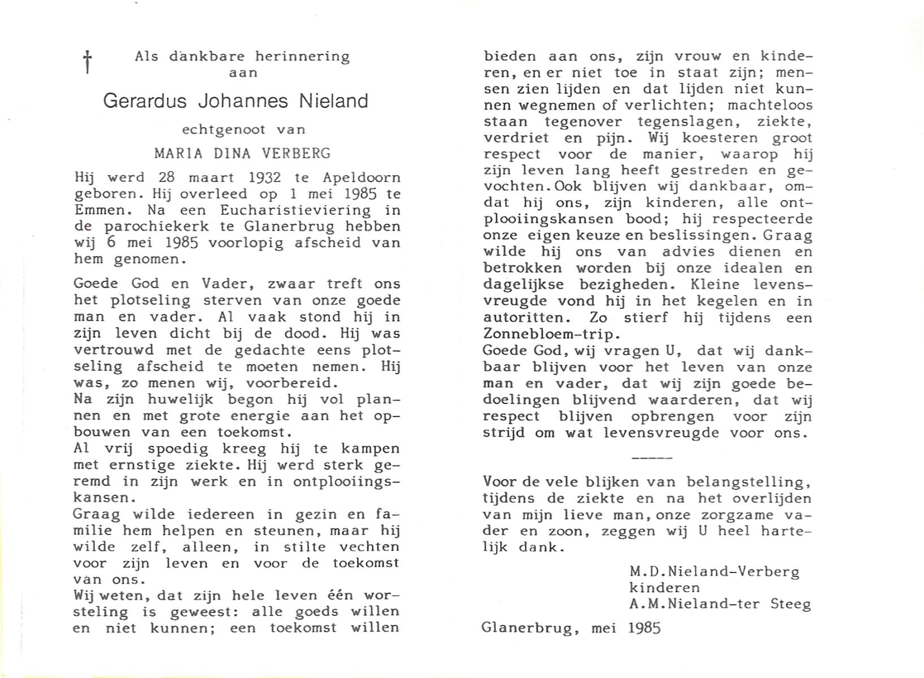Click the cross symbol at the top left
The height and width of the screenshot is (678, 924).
pyautogui.click(x=88, y=62)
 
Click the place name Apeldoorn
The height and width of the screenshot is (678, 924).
pyautogui.click(x=361, y=177)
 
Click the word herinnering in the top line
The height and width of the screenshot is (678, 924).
pyautogui.click(x=303, y=56)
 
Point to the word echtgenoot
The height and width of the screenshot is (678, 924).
pyautogui.click(x=224, y=129)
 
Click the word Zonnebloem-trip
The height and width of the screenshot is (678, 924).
pyautogui.click(x=548, y=334)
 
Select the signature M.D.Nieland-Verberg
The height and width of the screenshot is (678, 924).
pyautogui.click(x=714, y=572)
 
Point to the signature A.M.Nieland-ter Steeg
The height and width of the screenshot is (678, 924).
pyautogui.click(x=720, y=605)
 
